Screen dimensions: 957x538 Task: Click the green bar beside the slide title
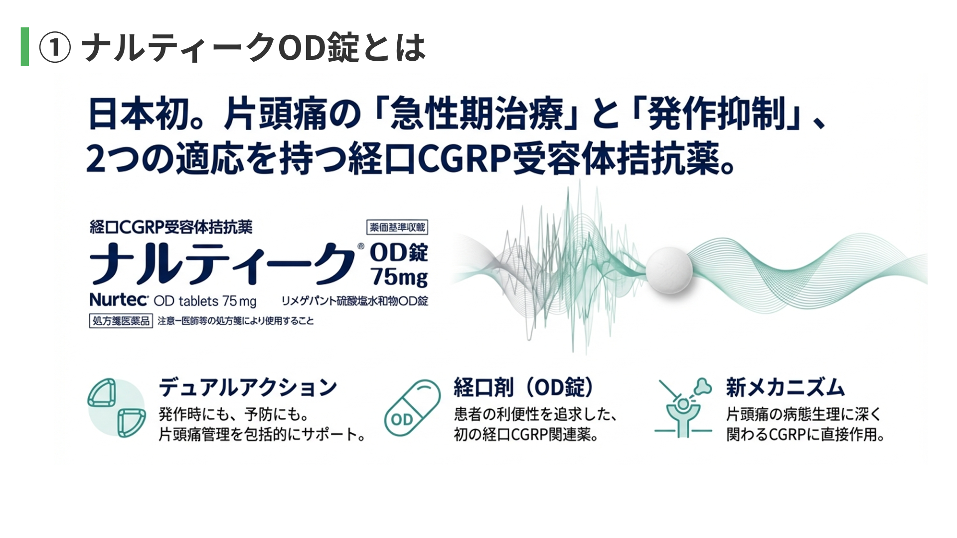click(x=25, y=46)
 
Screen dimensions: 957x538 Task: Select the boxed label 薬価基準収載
click(x=397, y=228)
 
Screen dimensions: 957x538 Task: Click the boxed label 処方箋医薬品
click(x=121, y=321)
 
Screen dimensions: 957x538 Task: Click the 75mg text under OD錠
click(x=399, y=277)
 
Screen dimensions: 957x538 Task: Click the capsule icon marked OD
click(x=412, y=407)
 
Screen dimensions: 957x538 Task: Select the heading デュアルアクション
click(x=248, y=387)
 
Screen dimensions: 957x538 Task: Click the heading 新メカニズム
click(x=786, y=387)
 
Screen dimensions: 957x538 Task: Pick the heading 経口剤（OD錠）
click(x=524, y=387)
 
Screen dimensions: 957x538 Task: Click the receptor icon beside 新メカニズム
click(x=683, y=407)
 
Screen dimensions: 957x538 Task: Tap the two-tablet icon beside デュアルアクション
click(x=117, y=407)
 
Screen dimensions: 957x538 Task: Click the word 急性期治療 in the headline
click(x=477, y=114)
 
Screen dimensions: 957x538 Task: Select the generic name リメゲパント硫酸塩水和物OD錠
click(x=355, y=301)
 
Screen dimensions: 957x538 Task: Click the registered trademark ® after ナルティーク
click(x=361, y=246)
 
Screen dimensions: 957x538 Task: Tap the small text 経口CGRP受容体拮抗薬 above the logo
click(x=171, y=227)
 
